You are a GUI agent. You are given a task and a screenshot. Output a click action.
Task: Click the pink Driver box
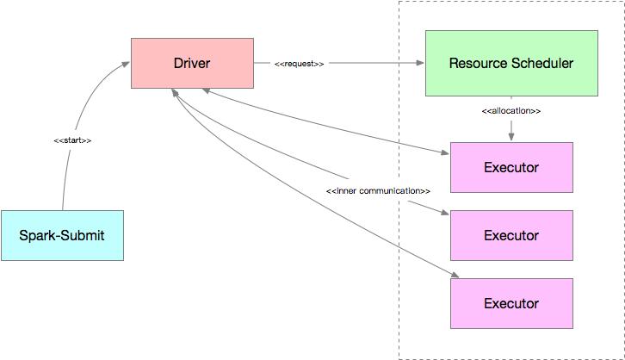click(x=192, y=63)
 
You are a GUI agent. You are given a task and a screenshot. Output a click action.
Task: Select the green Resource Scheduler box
click(x=511, y=63)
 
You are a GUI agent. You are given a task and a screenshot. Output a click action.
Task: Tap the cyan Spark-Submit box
click(x=62, y=235)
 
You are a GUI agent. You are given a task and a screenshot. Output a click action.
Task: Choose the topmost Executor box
click(x=511, y=167)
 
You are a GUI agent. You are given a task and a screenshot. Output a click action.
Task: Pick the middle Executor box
click(x=511, y=235)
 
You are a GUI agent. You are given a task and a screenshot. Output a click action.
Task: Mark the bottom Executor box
click(x=511, y=303)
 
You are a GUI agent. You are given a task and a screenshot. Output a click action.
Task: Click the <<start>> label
click(x=72, y=140)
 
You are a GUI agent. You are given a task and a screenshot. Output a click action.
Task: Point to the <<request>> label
click(x=299, y=64)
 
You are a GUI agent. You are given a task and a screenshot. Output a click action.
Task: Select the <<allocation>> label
click(x=511, y=111)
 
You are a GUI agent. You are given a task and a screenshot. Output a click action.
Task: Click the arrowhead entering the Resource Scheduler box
click(x=420, y=63)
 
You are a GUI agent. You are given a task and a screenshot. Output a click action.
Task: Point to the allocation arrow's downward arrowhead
click(x=511, y=137)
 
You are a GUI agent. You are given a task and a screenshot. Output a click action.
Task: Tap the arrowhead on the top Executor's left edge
click(x=445, y=153)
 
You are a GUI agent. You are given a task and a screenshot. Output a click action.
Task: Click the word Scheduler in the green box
click(x=541, y=63)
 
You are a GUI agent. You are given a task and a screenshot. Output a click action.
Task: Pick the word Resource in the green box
click(x=478, y=63)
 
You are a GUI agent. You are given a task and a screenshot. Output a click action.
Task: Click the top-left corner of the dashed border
click(x=399, y=2)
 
